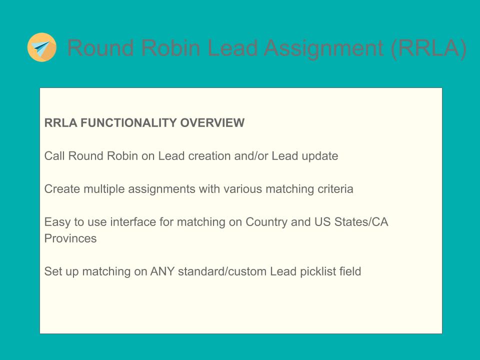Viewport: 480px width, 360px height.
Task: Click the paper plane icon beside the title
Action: click(41, 47)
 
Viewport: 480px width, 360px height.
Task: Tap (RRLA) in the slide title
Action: click(428, 48)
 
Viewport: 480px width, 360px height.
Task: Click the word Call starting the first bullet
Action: click(54, 156)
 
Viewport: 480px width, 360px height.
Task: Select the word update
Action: click(320, 156)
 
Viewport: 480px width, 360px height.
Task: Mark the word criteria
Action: click(335, 189)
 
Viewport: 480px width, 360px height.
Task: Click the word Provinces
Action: click(70, 238)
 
